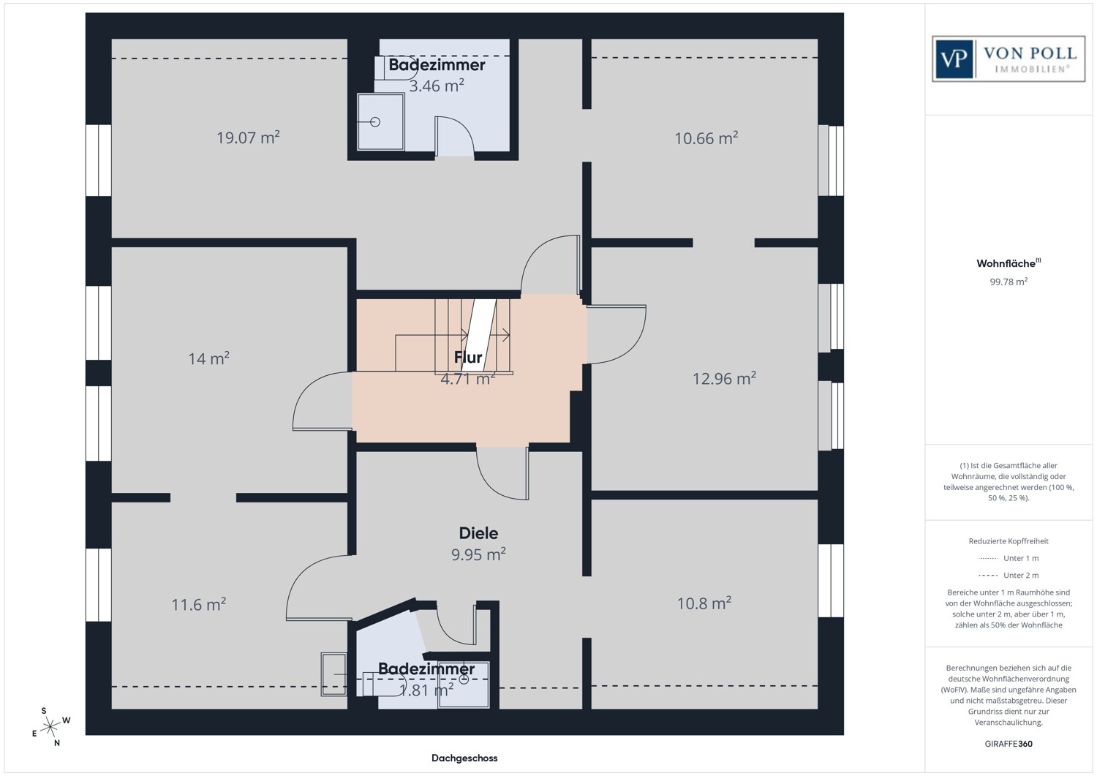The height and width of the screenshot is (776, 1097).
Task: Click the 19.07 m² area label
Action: point(249,138)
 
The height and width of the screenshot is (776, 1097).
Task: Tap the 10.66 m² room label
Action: point(706,138)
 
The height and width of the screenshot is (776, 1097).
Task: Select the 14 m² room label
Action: point(209,358)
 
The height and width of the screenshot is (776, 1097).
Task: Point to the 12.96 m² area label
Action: point(724,378)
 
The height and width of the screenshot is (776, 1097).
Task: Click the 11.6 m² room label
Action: point(198,604)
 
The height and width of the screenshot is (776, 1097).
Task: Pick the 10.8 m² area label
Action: point(704,603)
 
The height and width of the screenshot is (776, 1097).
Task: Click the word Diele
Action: point(478,533)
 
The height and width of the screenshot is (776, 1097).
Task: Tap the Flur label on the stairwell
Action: point(468,357)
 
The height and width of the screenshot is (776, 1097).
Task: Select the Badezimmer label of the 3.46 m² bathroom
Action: point(437,64)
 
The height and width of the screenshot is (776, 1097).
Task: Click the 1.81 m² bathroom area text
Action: point(426,690)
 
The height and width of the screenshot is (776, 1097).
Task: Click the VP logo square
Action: point(954,59)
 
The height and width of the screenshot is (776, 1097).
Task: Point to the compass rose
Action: point(50,727)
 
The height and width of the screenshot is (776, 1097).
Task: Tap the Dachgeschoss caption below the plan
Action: point(464,758)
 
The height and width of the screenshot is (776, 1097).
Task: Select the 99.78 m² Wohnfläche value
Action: point(1009,282)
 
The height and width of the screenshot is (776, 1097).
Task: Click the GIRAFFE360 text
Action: point(1009,744)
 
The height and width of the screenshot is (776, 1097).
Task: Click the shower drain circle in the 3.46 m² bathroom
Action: point(375,122)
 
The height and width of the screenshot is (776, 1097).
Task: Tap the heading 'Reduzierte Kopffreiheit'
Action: point(1009,540)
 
